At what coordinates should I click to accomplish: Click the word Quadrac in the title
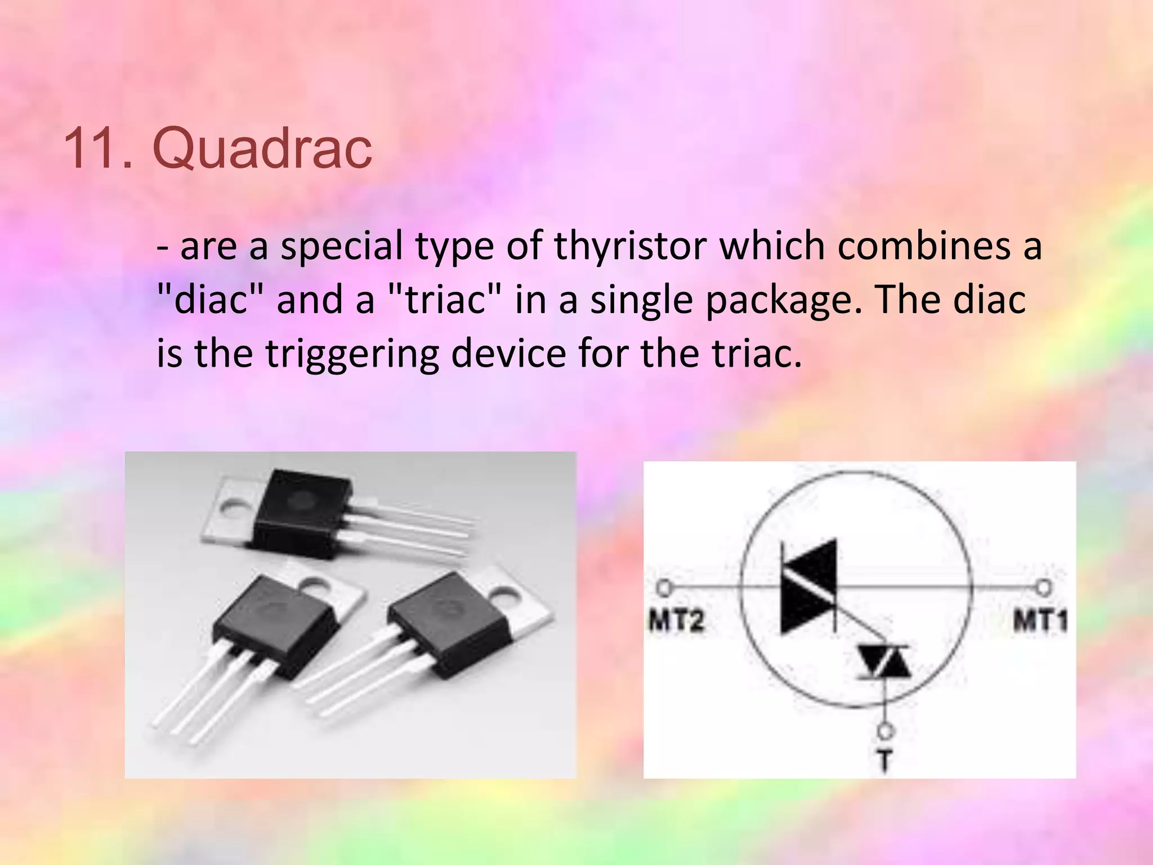(262, 148)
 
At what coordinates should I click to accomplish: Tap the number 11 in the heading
(97, 148)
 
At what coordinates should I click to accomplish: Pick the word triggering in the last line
(352, 354)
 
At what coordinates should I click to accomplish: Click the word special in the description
(342, 246)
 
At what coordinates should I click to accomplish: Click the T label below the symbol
(885, 760)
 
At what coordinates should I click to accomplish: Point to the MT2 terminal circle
(664, 588)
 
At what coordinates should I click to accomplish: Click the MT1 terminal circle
(1043, 588)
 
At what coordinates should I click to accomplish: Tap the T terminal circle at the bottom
(885, 731)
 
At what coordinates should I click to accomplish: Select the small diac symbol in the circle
(884, 662)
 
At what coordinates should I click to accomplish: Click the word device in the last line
(509, 354)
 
